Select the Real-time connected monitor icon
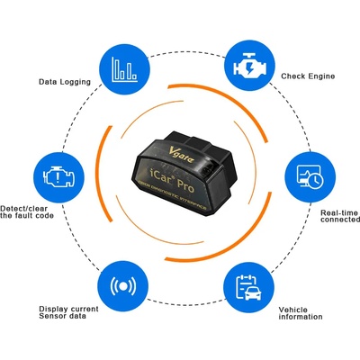click(x=310, y=178)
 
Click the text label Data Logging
click(x=62, y=81)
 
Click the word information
click(x=301, y=319)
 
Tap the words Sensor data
click(x=64, y=319)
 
